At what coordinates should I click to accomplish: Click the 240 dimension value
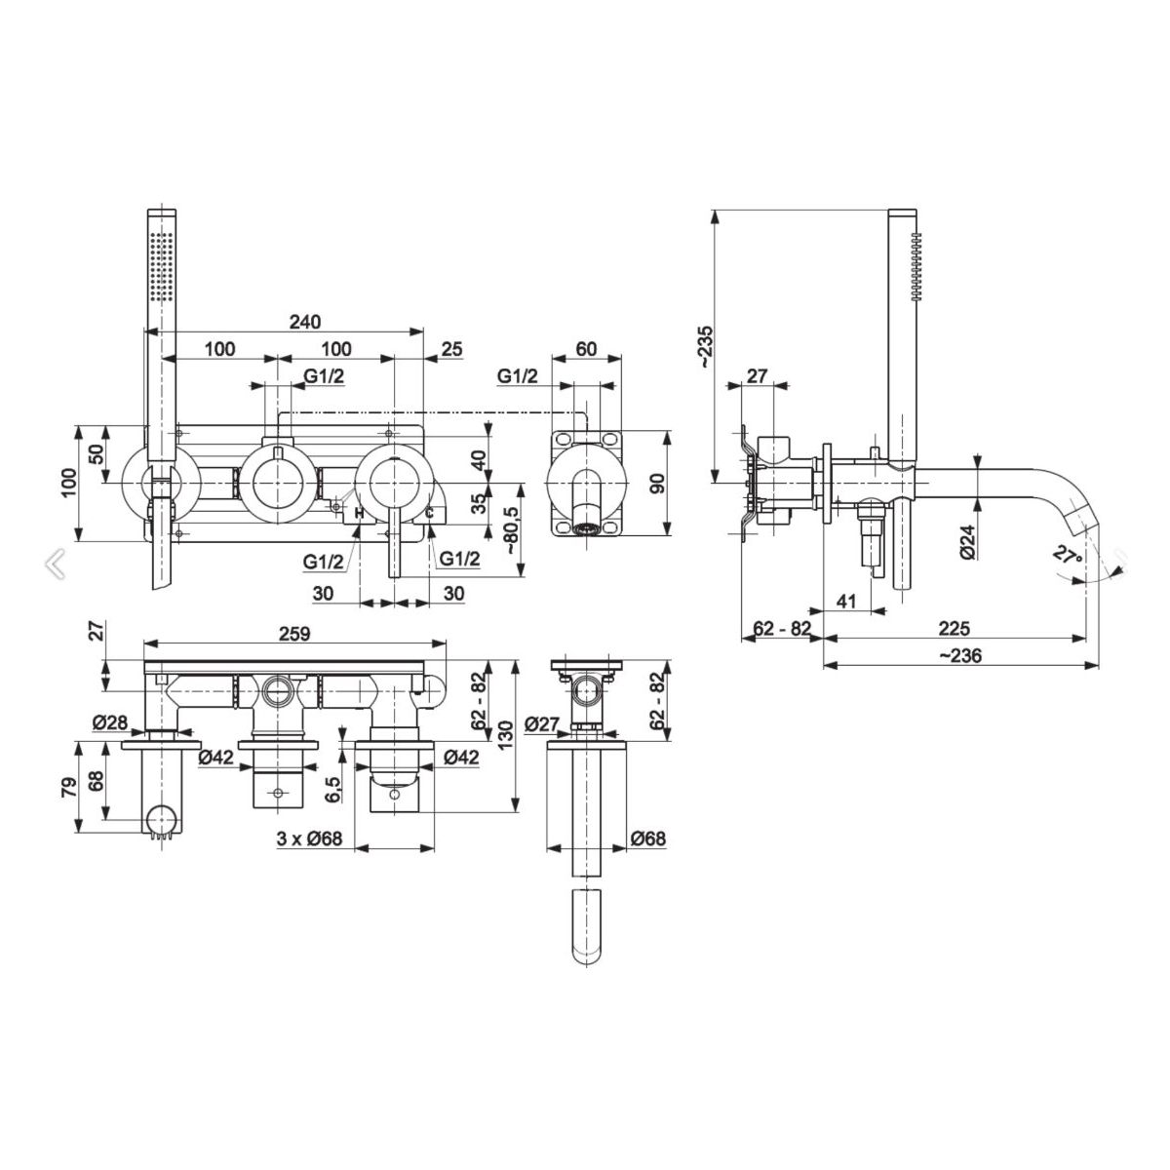[304, 321]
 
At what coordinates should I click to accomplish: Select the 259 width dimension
[294, 634]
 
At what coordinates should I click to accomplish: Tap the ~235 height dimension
[708, 347]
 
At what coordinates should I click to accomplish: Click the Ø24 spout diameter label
[968, 541]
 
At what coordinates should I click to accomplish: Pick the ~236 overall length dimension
[958, 655]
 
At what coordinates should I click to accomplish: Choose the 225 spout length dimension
[955, 628]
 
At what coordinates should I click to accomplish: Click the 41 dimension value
[846, 602]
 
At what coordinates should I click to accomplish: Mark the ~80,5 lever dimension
[513, 530]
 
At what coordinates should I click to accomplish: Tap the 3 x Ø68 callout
[310, 838]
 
